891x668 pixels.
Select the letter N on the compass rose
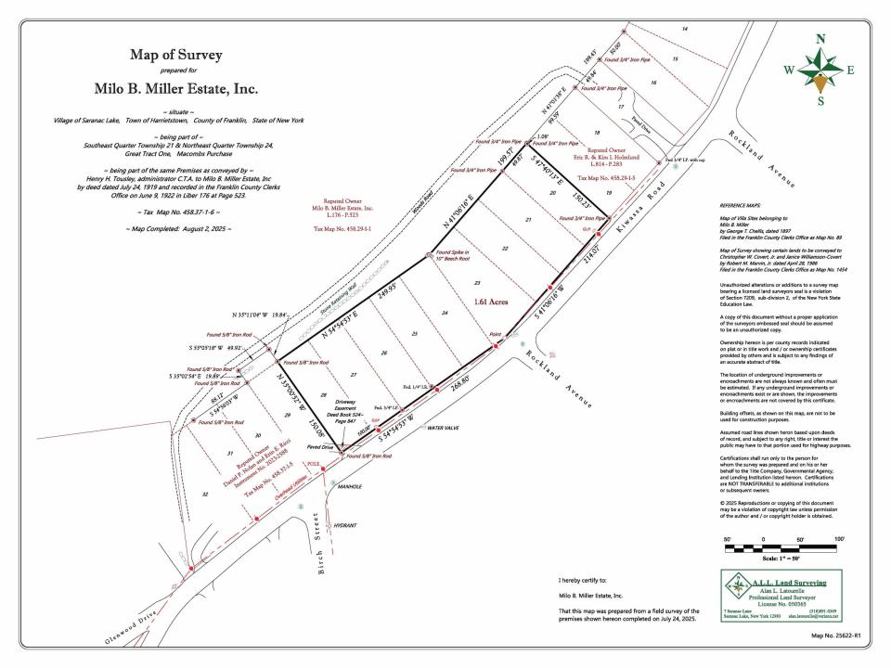pos(820,39)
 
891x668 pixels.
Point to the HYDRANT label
pos(344,524)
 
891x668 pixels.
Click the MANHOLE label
pos(348,486)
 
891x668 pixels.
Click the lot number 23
pos(476,282)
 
